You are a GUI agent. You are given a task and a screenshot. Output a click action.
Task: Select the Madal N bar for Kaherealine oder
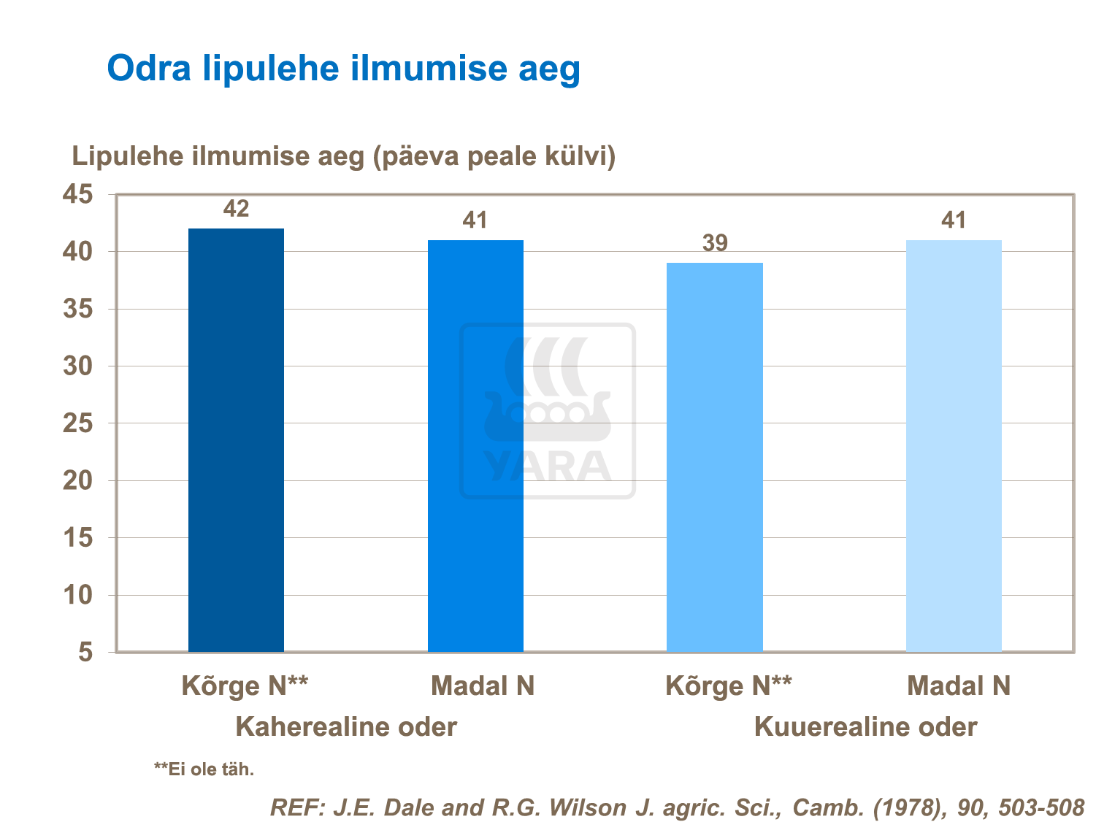tap(475, 446)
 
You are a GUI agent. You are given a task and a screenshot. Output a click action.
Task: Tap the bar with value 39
tap(715, 457)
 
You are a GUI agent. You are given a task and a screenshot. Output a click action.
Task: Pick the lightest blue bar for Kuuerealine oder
tap(954, 446)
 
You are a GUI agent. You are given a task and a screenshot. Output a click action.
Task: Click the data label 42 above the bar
tap(236, 210)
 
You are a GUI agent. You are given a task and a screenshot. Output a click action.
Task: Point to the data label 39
tap(715, 243)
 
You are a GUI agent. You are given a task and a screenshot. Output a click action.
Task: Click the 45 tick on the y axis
tap(78, 195)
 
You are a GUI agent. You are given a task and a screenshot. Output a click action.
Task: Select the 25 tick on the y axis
tap(78, 423)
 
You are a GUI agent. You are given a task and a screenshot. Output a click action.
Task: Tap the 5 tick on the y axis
tap(86, 652)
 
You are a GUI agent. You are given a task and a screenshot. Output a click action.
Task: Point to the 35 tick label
tap(78, 310)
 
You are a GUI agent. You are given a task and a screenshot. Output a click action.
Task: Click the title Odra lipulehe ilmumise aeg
tap(343, 69)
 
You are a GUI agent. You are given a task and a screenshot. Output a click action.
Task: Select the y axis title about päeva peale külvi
tap(343, 156)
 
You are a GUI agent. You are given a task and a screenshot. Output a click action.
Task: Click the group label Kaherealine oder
tap(346, 727)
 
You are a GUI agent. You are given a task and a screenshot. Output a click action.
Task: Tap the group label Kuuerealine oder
tap(865, 727)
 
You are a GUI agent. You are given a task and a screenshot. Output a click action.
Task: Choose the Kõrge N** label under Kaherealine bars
tap(245, 686)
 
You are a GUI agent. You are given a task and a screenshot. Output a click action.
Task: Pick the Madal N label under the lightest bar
tap(959, 686)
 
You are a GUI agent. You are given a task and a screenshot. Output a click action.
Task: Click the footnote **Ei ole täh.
tap(204, 769)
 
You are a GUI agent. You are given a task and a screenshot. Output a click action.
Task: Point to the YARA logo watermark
tap(548, 411)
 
